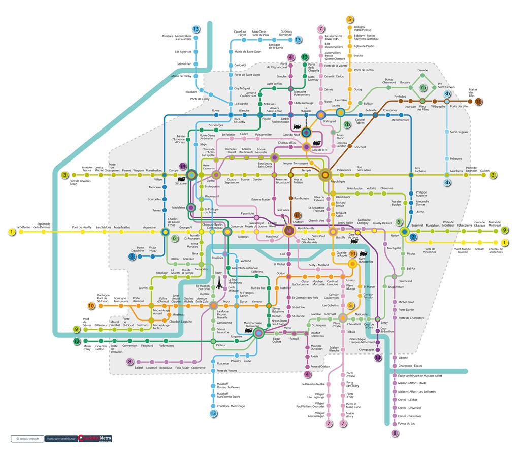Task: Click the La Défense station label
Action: tap(24, 227)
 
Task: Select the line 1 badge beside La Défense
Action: tap(11, 232)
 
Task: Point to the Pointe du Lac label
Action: tap(407, 423)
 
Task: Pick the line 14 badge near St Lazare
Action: tap(183, 166)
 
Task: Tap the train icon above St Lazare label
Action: tap(181, 179)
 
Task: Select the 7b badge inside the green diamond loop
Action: tap(422, 88)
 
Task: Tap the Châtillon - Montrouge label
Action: tap(231, 406)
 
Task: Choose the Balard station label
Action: tap(139, 367)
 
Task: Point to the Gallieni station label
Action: tap(485, 171)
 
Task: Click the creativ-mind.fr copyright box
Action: tap(27, 438)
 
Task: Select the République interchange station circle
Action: tap(325, 175)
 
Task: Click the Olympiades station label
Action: tap(367, 350)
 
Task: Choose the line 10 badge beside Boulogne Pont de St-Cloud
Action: tap(91, 306)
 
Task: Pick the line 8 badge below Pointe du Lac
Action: tap(395, 433)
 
